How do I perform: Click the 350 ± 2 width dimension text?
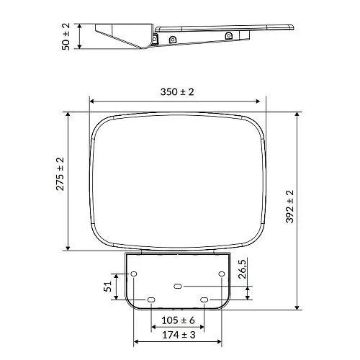point(177,92)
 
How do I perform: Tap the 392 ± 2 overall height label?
point(290,207)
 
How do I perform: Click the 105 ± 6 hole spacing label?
point(177,320)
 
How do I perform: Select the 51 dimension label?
point(108,287)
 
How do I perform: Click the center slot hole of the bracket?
point(178,287)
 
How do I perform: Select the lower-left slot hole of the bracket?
point(150,300)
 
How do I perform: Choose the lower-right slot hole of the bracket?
point(204,300)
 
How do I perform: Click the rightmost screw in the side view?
point(228,35)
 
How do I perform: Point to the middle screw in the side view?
point(171,40)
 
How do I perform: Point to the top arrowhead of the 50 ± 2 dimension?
point(78,24)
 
